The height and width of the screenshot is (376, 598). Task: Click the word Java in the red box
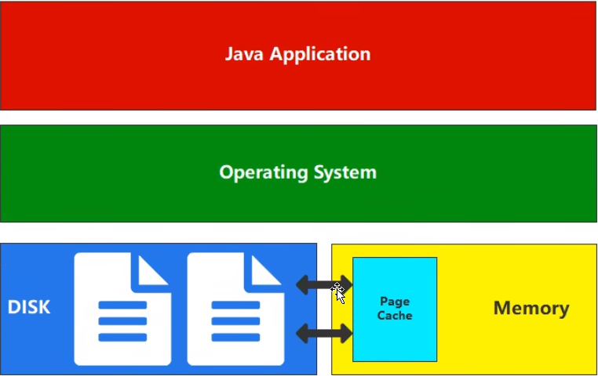(x=242, y=54)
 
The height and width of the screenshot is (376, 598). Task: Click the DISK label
(x=29, y=307)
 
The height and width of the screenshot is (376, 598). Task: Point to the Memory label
(x=531, y=308)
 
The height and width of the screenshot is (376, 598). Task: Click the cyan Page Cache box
(x=395, y=337)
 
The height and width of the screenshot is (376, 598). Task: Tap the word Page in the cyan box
(x=395, y=302)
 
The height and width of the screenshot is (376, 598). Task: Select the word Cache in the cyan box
(x=395, y=315)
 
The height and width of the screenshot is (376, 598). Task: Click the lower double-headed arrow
(x=324, y=334)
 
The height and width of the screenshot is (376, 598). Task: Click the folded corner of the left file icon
(x=154, y=269)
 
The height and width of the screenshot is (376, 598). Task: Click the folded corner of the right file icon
(x=267, y=269)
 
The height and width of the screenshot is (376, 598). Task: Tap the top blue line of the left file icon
(x=122, y=305)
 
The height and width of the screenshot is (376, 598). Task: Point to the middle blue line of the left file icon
(x=122, y=322)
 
